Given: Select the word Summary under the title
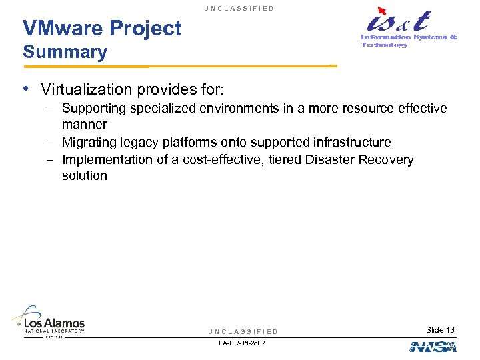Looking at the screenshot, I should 65,52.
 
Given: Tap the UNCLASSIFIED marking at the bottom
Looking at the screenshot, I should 243,331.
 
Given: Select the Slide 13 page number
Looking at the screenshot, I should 440,330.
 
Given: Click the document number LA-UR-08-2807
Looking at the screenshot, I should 243,343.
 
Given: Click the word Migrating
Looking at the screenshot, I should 89,142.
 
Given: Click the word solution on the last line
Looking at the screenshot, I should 84,176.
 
